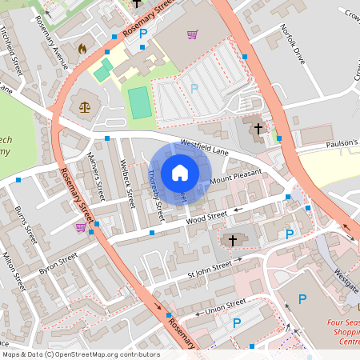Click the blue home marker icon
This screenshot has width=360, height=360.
(180, 172)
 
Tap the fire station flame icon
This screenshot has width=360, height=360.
(81, 48)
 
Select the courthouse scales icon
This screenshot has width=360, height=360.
(84, 104)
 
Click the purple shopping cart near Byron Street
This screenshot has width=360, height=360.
(81, 227)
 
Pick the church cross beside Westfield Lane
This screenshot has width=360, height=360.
(258, 128)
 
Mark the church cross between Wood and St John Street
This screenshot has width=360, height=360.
(233, 240)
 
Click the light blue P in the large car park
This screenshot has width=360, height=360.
(193, 87)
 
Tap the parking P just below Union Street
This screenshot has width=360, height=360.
(236, 323)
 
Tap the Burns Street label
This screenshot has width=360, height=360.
(27, 224)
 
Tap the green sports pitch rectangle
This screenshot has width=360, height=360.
(140, 103)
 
